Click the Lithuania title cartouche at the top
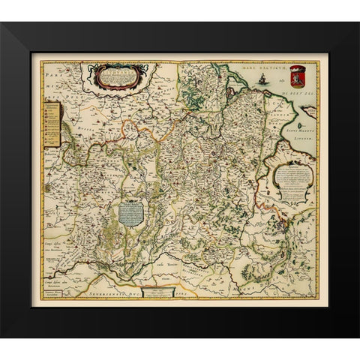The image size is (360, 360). coord(115,76)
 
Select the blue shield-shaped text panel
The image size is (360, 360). coord(131,212)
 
